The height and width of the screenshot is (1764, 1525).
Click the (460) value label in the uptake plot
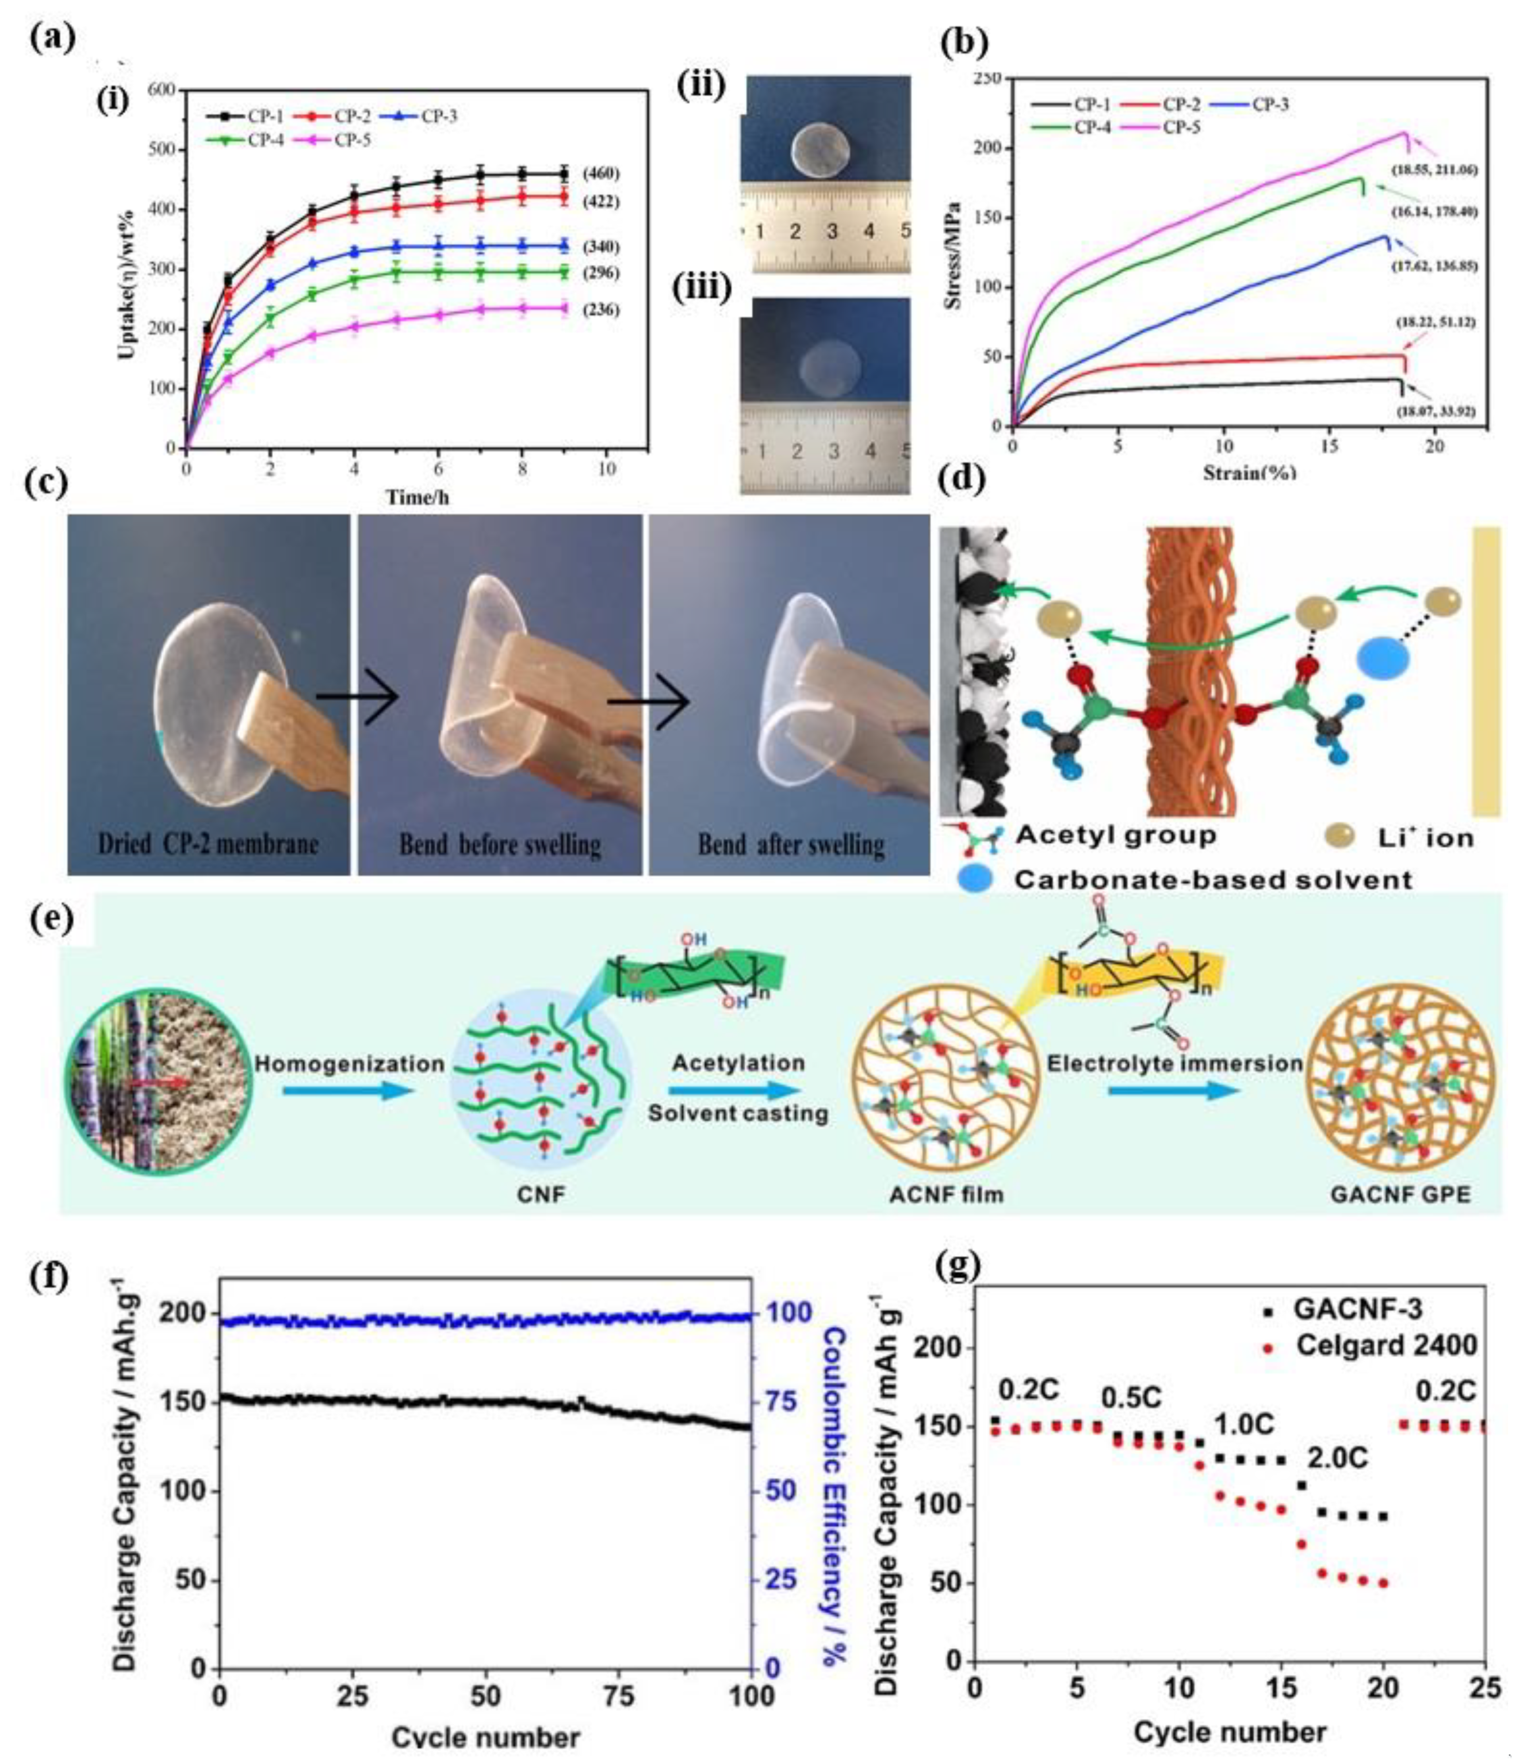(600, 174)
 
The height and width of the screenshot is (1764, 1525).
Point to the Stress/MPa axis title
(955, 256)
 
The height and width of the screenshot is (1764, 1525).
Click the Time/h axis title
(417, 496)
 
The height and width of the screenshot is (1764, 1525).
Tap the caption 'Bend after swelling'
(790, 844)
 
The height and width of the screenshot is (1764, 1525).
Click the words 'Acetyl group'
(1116, 835)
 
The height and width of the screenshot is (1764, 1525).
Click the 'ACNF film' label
(946, 1194)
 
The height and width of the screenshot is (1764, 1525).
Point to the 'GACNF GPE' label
(1399, 1194)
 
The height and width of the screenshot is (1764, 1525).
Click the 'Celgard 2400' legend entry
(1386, 1345)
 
